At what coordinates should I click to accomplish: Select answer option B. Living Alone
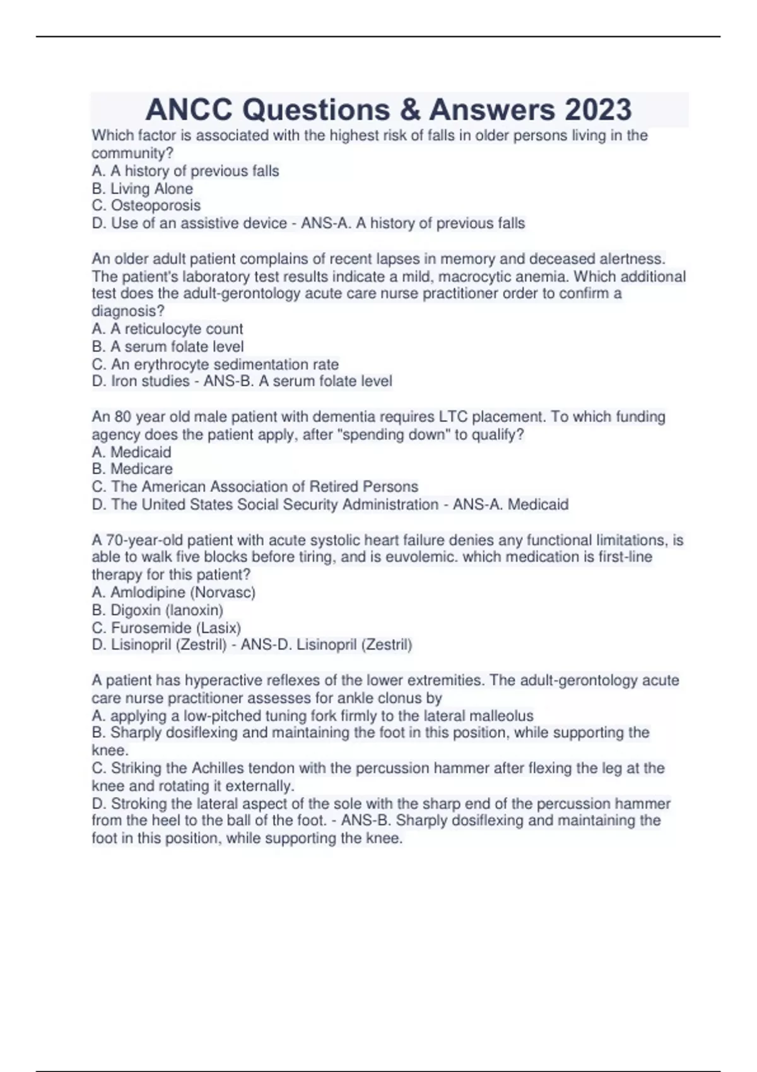tap(143, 189)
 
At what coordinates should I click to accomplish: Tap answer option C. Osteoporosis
tap(146, 206)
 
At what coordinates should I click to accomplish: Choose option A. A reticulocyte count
tap(167, 329)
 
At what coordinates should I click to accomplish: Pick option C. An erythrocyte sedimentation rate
tap(215, 364)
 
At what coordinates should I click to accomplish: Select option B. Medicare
tap(132, 469)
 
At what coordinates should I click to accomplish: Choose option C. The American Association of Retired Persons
tap(255, 487)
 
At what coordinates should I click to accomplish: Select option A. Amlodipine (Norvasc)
tap(173, 593)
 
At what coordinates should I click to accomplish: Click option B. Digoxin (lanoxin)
tap(158, 610)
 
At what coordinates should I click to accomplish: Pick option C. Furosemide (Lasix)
tap(167, 628)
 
